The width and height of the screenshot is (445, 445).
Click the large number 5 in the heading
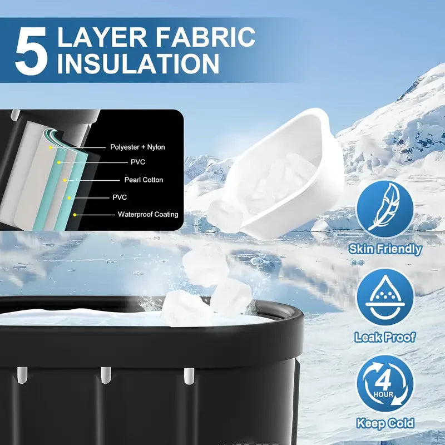[31, 51]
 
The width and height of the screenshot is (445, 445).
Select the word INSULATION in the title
[139, 63]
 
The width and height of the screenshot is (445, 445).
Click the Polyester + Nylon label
[137, 147]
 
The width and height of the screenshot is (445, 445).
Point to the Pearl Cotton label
[144, 180]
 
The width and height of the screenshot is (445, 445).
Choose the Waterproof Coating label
[148, 214]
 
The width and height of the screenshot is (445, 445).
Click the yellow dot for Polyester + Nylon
[51, 147]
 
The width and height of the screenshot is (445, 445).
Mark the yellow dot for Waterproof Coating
[75, 215]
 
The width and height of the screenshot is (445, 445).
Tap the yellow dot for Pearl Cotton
[65, 180]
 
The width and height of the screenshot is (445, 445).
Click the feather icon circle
[385, 209]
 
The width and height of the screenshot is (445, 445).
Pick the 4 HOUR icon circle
[385, 383]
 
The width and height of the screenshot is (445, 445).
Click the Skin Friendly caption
[385, 249]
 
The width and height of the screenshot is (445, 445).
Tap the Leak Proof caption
[385, 337]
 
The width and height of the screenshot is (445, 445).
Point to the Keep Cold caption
[385, 423]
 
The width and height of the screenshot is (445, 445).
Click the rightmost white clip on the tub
[189, 376]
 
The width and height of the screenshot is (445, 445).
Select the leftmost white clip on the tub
[22, 375]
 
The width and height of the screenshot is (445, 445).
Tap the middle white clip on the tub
[106, 375]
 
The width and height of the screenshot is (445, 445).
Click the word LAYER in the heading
[103, 37]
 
